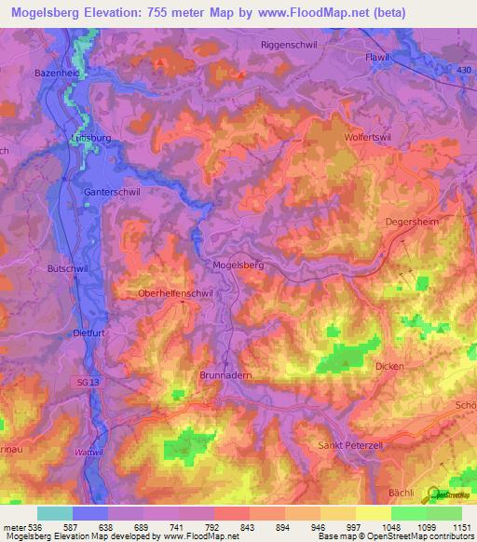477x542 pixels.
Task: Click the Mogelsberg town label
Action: click(x=238, y=264)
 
